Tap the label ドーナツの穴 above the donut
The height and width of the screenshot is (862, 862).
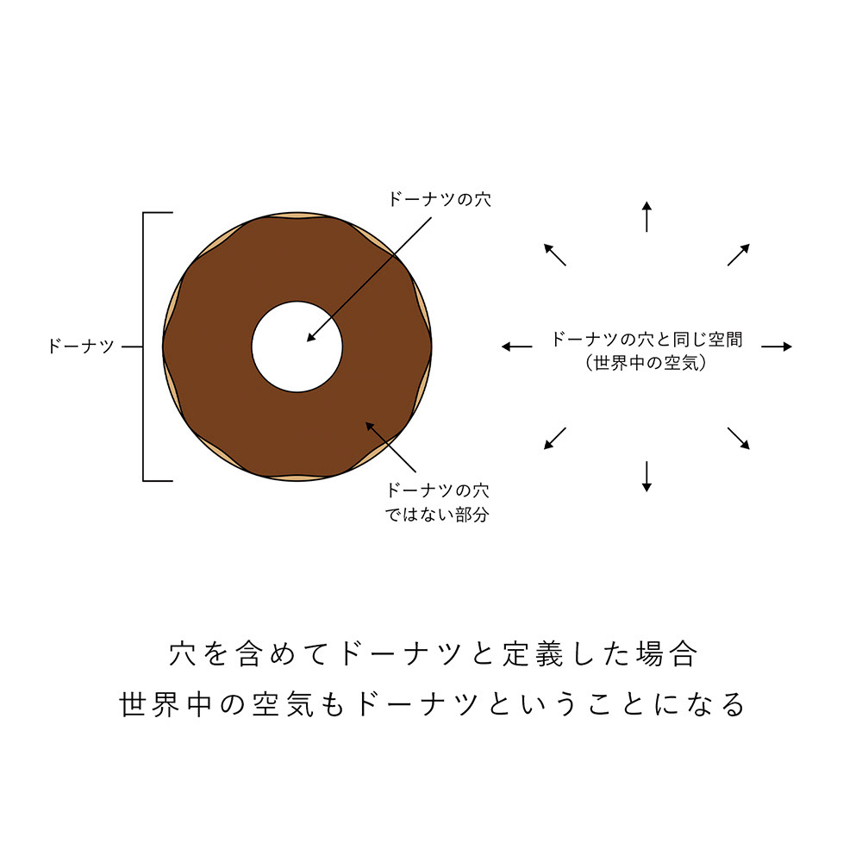click(x=440, y=199)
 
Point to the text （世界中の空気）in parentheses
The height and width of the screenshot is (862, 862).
click(x=646, y=364)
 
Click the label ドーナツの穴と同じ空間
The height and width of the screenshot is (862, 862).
click(x=646, y=340)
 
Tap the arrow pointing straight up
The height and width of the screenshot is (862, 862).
click(x=646, y=215)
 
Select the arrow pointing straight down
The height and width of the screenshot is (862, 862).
click(x=646, y=477)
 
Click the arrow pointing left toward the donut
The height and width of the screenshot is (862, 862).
click(x=516, y=347)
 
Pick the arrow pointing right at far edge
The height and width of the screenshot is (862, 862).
click(x=776, y=347)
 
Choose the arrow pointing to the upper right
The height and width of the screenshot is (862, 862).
click(x=738, y=254)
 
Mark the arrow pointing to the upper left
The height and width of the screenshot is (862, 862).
click(x=554, y=254)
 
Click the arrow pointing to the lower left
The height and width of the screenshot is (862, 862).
click(x=554, y=438)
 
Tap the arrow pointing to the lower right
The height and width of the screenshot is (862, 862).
click(x=738, y=438)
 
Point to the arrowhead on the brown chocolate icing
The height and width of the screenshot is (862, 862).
click(x=370, y=425)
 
